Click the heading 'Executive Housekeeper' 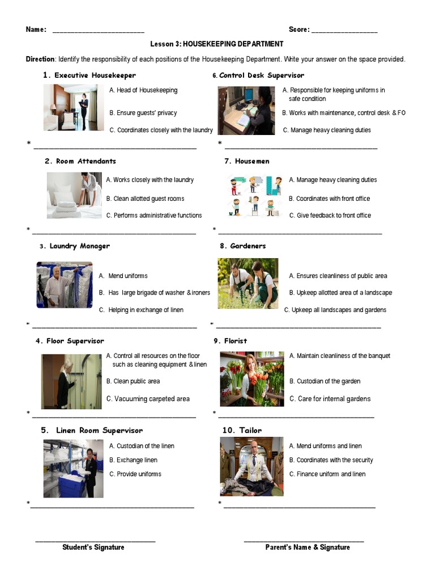coord(95,75)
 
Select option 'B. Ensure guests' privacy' coord(143,113)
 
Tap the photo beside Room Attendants coord(74,195)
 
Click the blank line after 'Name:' coord(98,30)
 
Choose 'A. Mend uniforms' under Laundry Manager coord(123,276)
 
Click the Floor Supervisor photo coord(71,381)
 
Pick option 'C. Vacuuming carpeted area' coord(148,399)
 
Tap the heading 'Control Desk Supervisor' coord(261,75)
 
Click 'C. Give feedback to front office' coord(330,216)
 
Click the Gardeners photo coord(248,283)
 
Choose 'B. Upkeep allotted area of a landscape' coord(340,293)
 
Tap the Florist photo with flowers coord(252,378)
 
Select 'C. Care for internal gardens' coord(330,399)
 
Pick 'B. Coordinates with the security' coord(331,460)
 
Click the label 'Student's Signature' coord(93,548)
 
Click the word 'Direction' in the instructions coord(40,59)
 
